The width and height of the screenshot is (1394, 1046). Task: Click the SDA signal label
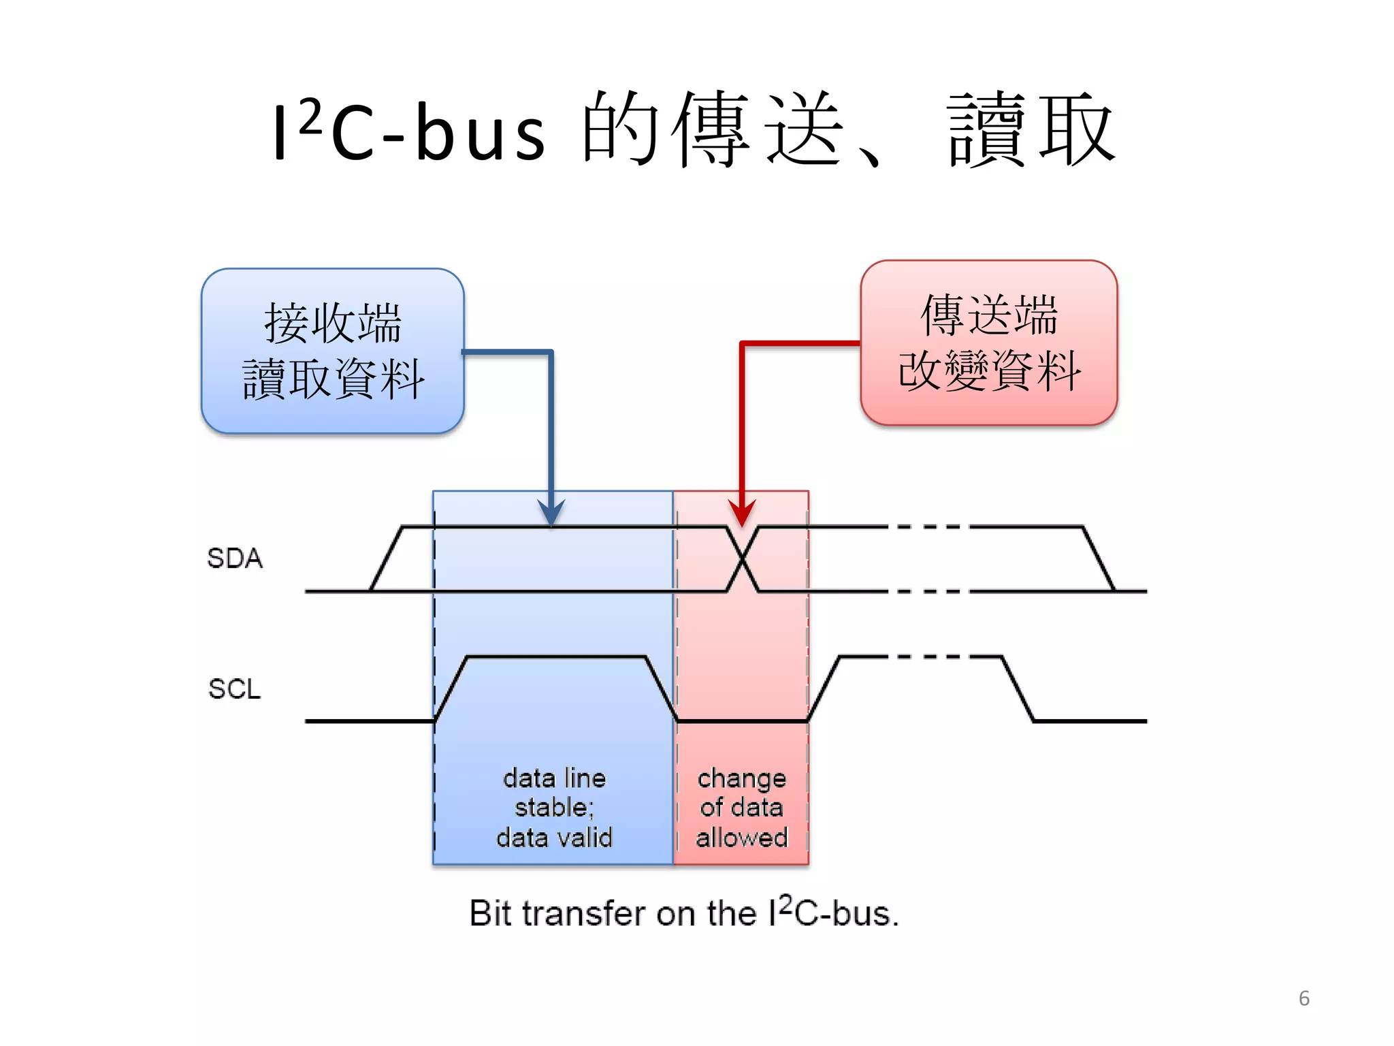click(235, 558)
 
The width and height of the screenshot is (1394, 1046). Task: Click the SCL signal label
click(235, 688)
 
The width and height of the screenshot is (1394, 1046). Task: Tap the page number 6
click(1303, 998)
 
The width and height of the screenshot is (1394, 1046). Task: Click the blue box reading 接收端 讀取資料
click(332, 351)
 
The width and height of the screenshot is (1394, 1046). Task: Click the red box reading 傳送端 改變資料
click(988, 343)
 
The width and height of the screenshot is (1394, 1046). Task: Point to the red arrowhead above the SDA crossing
click(742, 512)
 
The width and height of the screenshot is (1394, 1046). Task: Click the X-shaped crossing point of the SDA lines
click(743, 559)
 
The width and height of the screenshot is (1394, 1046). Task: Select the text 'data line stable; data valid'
click(554, 808)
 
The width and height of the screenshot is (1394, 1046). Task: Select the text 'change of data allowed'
click(741, 808)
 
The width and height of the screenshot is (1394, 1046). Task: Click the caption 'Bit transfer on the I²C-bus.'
click(684, 913)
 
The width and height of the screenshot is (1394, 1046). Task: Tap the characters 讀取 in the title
click(1031, 129)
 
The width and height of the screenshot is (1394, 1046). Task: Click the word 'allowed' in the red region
click(741, 838)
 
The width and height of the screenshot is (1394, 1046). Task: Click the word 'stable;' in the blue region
click(554, 808)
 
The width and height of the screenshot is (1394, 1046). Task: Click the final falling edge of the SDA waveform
click(1099, 558)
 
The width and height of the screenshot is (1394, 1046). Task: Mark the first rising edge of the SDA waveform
click(386, 558)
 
